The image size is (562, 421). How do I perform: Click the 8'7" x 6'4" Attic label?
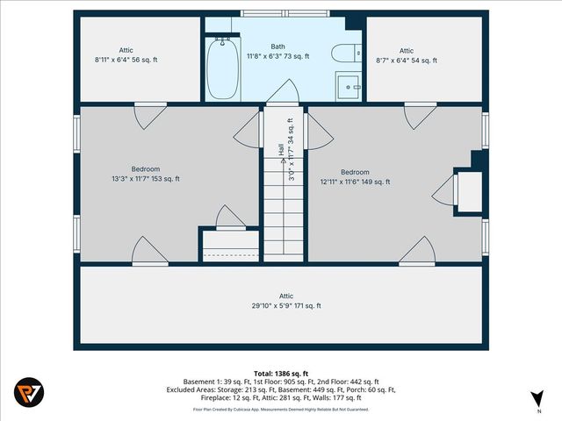[406, 55]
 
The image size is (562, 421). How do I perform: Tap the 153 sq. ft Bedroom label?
[145, 174]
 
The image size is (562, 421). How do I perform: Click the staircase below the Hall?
[283, 219]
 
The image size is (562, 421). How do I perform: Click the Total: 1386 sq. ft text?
[281, 374]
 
